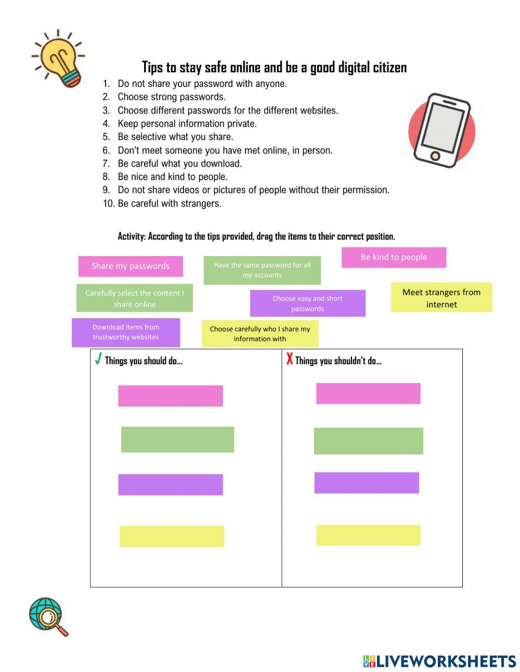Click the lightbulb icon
click(x=58, y=58)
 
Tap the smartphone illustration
click(x=441, y=131)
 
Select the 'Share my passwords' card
click(x=131, y=266)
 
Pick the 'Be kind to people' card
click(x=394, y=257)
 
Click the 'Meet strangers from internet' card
click(x=441, y=298)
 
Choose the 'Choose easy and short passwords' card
click(x=307, y=303)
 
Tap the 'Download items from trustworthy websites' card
click(x=126, y=332)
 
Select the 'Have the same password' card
click(x=262, y=270)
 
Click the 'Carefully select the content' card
click(x=134, y=298)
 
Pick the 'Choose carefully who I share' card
click(x=260, y=334)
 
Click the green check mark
click(x=98, y=359)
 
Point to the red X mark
click(x=290, y=359)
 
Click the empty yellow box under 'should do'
click(x=172, y=536)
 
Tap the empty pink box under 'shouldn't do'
click(x=368, y=394)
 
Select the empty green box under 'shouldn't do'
click(x=368, y=441)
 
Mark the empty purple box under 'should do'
click(x=171, y=485)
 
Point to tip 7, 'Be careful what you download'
click(x=179, y=163)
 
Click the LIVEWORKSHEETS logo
click(x=439, y=661)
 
